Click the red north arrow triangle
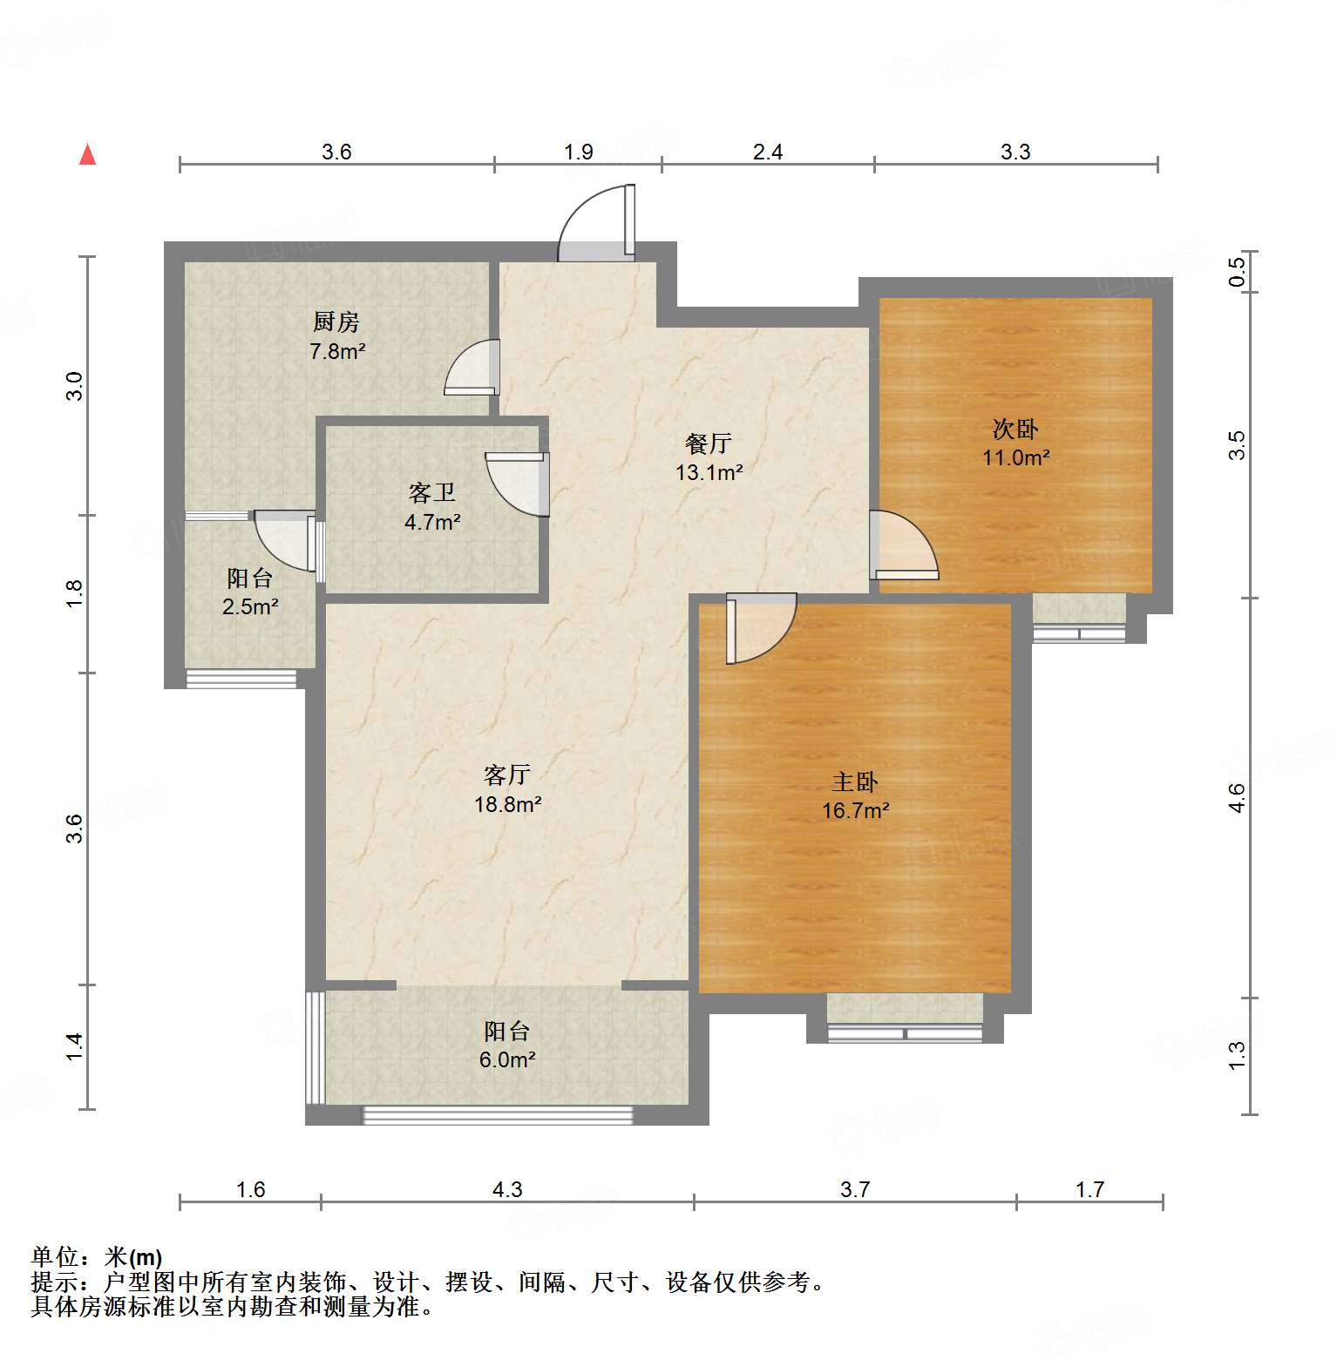[x=87, y=154]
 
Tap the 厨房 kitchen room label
[x=336, y=322]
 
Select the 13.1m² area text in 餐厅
[x=709, y=473]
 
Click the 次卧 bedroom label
[x=1015, y=429]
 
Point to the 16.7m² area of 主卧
[x=855, y=811]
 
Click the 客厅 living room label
[x=507, y=774]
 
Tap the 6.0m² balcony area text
[x=507, y=1060]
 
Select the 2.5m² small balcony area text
[x=250, y=607]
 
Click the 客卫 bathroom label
[x=432, y=493]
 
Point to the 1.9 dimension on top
[x=578, y=152]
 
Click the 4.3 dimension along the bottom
[x=507, y=1189]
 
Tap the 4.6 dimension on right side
[x=1237, y=798]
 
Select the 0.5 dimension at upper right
[x=1237, y=272]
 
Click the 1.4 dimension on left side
[x=75, y=1046]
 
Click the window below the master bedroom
[x=905, y=1033]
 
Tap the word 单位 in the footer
[x=55, y=1256]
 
